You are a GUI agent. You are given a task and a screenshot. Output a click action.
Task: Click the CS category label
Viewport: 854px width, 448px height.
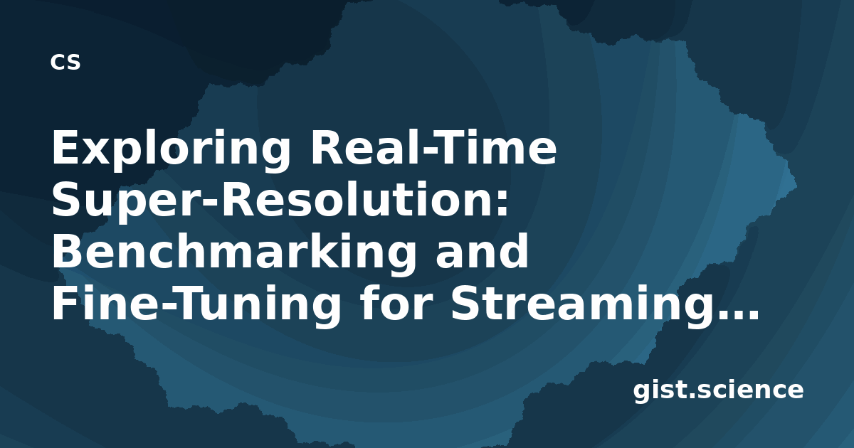(x=65, y=62)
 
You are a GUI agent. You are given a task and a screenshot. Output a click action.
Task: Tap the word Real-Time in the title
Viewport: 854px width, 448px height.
(x=434, y=146)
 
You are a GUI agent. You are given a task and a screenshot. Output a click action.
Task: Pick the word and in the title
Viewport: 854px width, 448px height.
(x=483, y=250)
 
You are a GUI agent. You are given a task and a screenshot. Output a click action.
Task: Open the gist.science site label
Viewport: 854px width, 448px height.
(x=718, y=391)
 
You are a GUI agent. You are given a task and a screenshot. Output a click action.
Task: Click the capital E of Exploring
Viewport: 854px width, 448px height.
(x=65, y=147)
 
